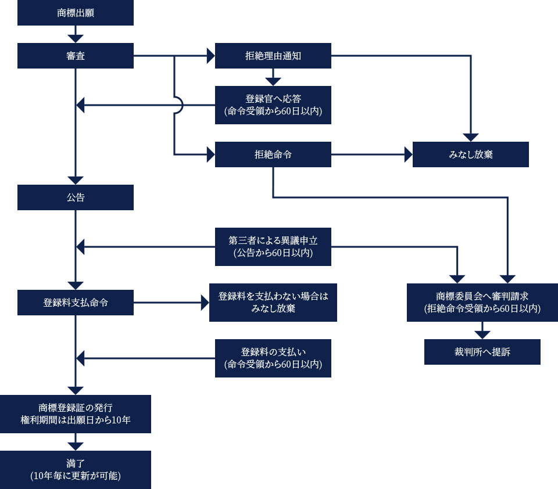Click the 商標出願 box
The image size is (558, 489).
(x=76, y=13)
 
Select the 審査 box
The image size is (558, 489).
(x=76, y=56)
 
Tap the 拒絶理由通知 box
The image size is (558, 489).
(x=273, y=56)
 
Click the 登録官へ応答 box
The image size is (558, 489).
(x=273, y=105)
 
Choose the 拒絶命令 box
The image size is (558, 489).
(x=273, y=154)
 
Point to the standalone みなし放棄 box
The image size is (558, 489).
(x=470, y=154)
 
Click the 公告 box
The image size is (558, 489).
(x=76, y=197)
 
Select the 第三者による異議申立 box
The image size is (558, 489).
(x=273, y=246)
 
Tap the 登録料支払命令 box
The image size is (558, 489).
(x=76, y=303)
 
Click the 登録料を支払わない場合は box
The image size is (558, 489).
(x=273, y=303)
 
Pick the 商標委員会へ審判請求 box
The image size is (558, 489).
(x=482, y=303)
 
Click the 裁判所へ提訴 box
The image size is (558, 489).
(x=482, y=352)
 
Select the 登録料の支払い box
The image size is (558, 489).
(x=273, y=358)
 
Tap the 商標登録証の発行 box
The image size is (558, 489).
(x=76, y=414)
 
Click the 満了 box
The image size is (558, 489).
(x=76, y=470)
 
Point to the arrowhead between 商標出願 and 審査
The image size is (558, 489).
(x=76, y=39)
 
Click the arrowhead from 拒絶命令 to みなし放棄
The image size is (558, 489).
(x=409, y=154)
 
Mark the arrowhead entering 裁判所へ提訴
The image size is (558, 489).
(x=482, y=335)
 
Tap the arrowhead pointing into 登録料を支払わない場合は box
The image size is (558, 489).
(x=205, y=303)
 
